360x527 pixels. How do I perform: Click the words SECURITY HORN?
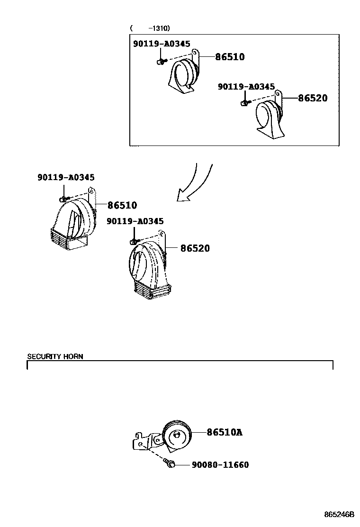tap(55, 356)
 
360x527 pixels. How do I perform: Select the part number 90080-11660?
tap(220, 465)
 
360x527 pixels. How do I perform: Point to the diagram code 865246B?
tap(339, 515)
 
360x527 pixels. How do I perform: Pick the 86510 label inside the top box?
tap(230, 57)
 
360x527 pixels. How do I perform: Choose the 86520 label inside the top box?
tap(313, 99)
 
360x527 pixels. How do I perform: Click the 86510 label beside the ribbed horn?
tap(122, 205)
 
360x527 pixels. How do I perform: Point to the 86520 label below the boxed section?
tap(194, 248)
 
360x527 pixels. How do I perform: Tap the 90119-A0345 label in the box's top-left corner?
tap(161, 44)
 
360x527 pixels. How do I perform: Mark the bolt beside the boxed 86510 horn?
tap(161, 61)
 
